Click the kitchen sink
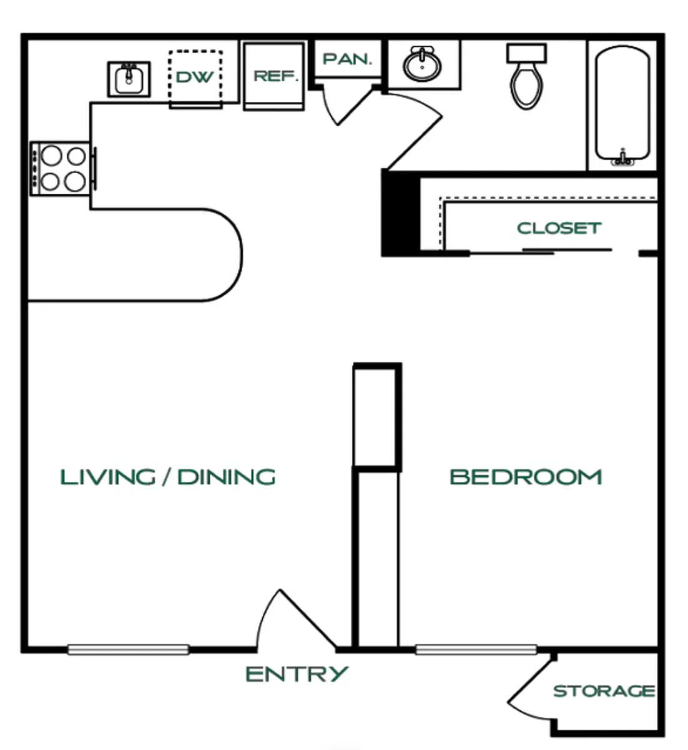pyautogui.click(x=129, y=79)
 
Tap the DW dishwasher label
pyautogui.click(x=195, y=77)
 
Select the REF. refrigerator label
pyautogui.click(x=276, y=76)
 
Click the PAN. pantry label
pyautogui.click(x=347, y=59)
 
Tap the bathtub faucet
pyautogui.click(x=622, y=157)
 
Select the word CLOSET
pyautogui.click(x=559, y=228)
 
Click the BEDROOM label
pyautogui.click(x=526, y=477)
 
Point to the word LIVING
pyautogui.click(x=108, y=477)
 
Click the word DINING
pyautogui.click(x=227, y=477)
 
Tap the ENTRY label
pyautogui.click(x=297, y=674)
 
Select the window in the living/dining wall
pyautogui.click(x=128, y=650)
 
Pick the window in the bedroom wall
pyautogui.click(x=476, y=650)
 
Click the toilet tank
pyautogui.click(x=527, y=54)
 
